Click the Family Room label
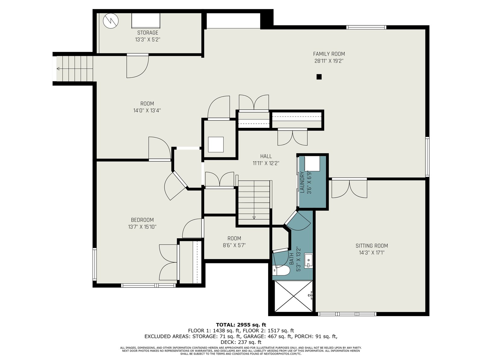329,54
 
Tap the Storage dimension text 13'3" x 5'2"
148,40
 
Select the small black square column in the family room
319,77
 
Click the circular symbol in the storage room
111,21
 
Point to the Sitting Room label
371,246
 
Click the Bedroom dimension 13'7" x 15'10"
142,227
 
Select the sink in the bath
308,261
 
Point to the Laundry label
302,182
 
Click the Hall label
266,156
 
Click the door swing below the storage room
138,66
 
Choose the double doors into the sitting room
349,189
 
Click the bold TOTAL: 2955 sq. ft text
241,325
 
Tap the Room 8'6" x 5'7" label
234,242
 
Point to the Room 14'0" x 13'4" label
147,107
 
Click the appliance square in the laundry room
312,164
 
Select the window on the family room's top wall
366,27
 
